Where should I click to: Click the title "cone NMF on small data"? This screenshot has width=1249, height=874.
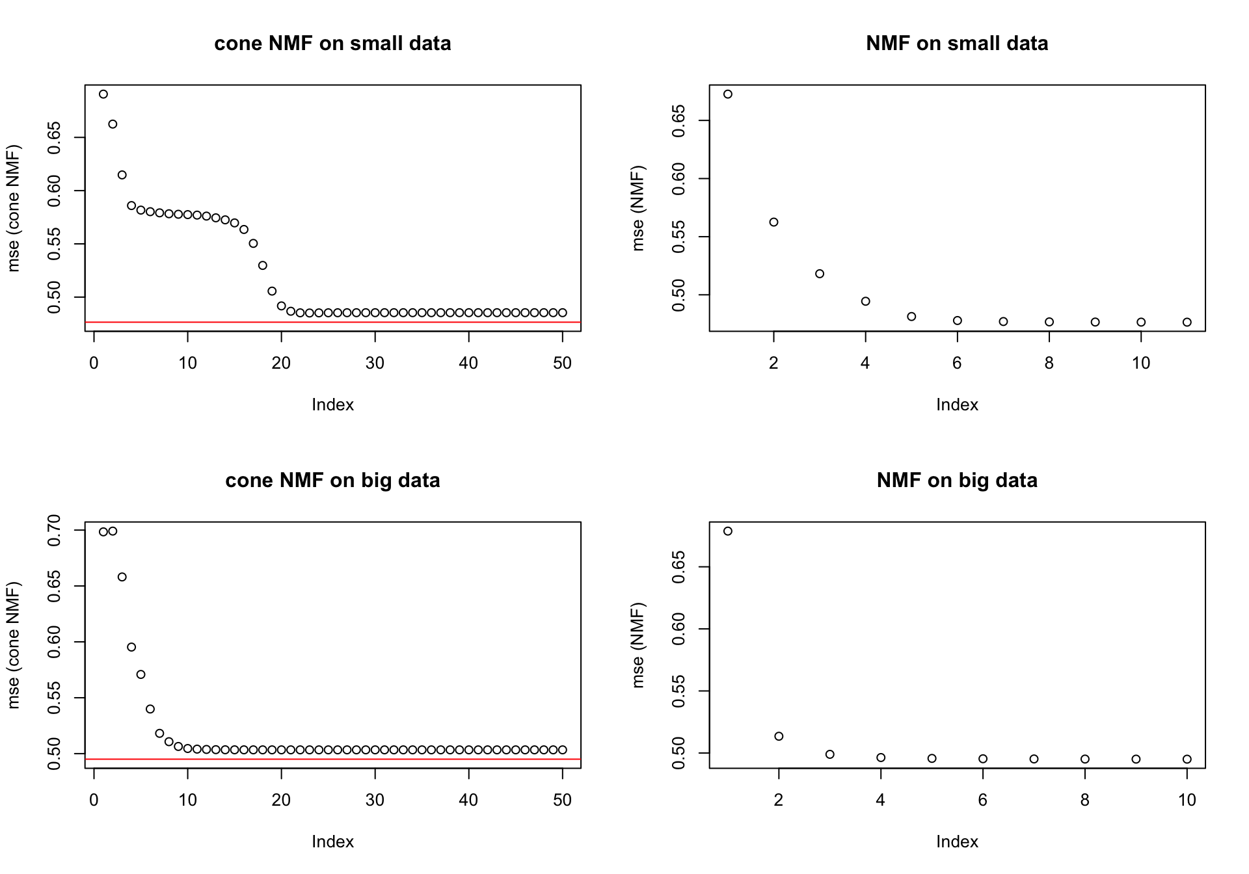point(332,44)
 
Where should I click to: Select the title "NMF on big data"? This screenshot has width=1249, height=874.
point(957,481)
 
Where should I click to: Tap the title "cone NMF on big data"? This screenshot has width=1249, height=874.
point(332,481)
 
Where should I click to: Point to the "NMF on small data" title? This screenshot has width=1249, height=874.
point(957,44)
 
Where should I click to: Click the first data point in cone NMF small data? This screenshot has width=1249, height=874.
point(103,94)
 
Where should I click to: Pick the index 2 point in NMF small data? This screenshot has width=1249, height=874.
point(773,222)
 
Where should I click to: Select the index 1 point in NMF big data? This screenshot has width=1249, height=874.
point(728,531)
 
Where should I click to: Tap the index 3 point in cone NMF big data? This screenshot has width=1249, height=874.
point(122,577)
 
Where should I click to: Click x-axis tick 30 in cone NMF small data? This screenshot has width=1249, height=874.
point(375,363)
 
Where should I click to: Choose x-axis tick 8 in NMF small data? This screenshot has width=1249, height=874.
point(1049,363)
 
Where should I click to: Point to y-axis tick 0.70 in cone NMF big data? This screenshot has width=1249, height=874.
point(55,530)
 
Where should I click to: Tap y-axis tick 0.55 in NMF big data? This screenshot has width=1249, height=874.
point(679,691)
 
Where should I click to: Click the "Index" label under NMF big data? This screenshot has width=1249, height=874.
point(957,841)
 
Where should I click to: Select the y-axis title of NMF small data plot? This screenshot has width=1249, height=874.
point(638,208)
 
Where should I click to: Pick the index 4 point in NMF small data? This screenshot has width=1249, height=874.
point(866,301)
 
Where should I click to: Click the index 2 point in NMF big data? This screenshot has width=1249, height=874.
point(779,736)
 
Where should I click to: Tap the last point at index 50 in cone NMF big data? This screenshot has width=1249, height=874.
point(563,750)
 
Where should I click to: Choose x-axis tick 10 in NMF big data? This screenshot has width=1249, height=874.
point(1187,800)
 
